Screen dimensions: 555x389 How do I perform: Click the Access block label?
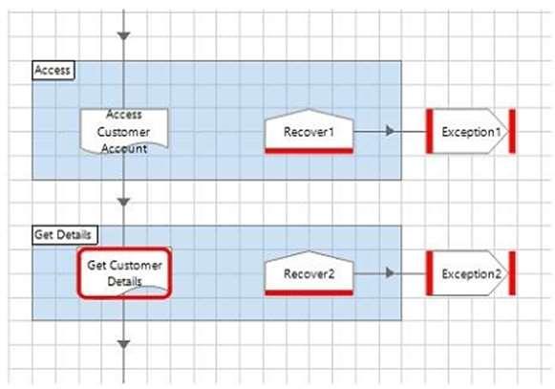[x=53, y=70]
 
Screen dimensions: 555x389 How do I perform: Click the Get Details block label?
[x=65, y=234]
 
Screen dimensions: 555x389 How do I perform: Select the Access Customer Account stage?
[x=124, y=132]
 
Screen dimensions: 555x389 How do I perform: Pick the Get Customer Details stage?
[x=124, y=272]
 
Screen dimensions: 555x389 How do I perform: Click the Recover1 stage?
[x=309, y=132]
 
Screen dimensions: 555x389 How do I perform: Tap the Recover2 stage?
[x=309, y=273]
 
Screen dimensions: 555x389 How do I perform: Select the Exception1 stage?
[x=471, y=132]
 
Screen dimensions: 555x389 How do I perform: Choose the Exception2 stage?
[x=471, y=273]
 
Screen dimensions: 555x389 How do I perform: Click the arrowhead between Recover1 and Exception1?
[x=390, y=131]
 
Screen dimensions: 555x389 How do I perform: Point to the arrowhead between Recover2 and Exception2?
[x=390, y=272]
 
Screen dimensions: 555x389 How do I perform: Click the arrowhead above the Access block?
[x=123, y=35]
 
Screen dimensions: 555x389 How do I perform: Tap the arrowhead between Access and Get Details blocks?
[x=123, y=203]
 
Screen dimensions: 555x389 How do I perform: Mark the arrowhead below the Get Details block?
[x=123, y=344]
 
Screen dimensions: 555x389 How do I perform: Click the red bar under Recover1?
[x=309, y=151]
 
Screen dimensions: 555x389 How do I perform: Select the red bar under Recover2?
[x=309, y=292]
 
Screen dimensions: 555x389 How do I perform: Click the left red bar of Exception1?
[x=430, y=132]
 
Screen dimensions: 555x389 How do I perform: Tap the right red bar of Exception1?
[x=512, y=132]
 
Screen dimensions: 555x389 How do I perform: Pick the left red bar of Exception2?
[x=430, y=273]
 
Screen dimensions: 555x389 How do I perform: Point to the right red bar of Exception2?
[x=512, y=273]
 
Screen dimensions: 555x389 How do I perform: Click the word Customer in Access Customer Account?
[x=123, y=132]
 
